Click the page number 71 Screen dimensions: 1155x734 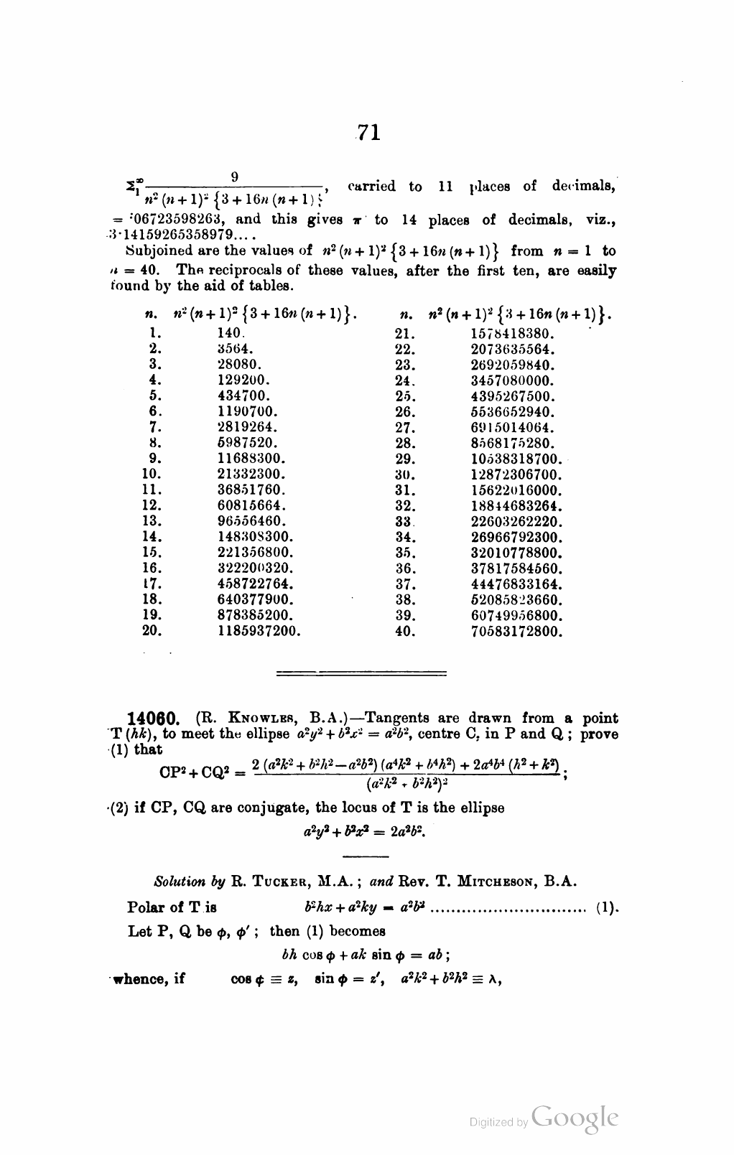click(x=368, y=133)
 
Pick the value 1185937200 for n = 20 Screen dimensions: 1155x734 click(x=259, y=632)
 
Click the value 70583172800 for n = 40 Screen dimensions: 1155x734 click(x=517, y=632)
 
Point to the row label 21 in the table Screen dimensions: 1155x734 click(x=406, y=334)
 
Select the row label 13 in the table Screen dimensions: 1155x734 click(x=152, y=521)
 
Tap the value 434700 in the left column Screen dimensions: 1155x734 click(x=243, y=396)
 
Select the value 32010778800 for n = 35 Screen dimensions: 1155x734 click(x=517, y=553)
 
